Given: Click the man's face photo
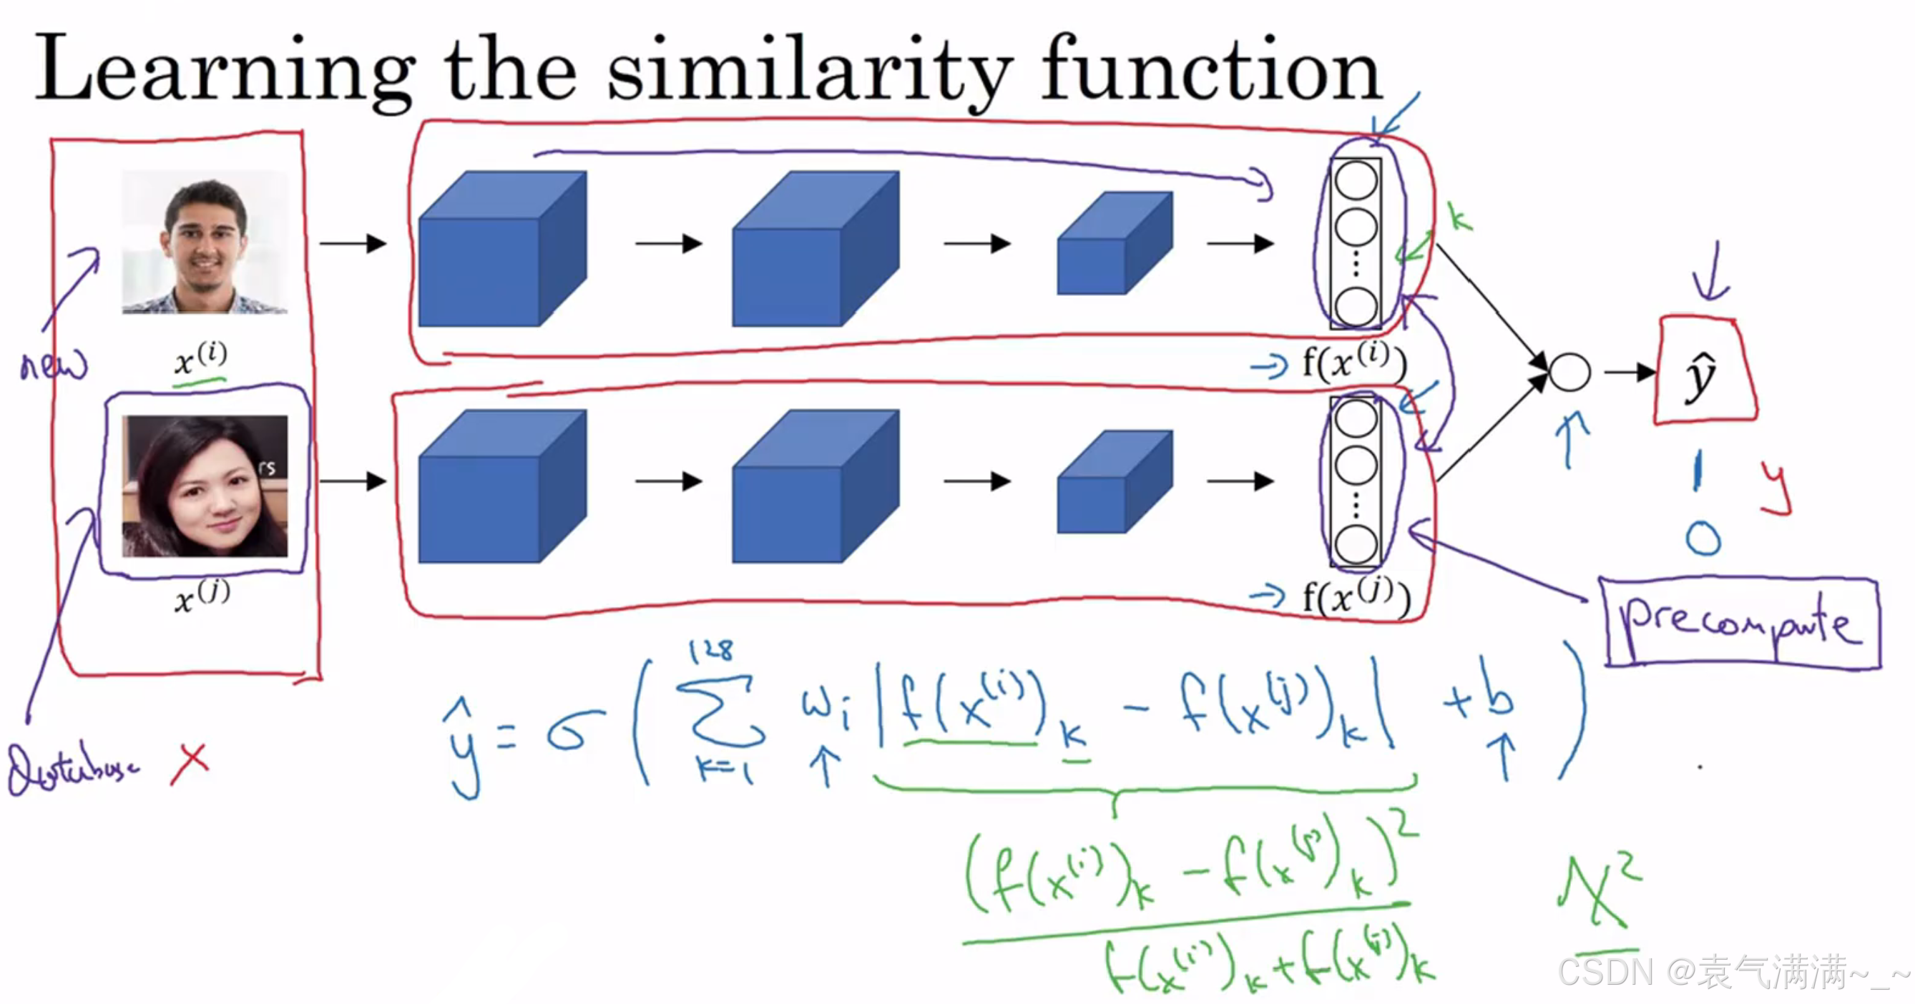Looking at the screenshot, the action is (205, 242).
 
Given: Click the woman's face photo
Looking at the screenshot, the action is (205, 486).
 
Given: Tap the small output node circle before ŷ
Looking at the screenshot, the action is (1569, 372).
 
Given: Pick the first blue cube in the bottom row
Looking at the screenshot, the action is (501, 486).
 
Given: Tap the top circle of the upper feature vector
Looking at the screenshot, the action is (1356, 181).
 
